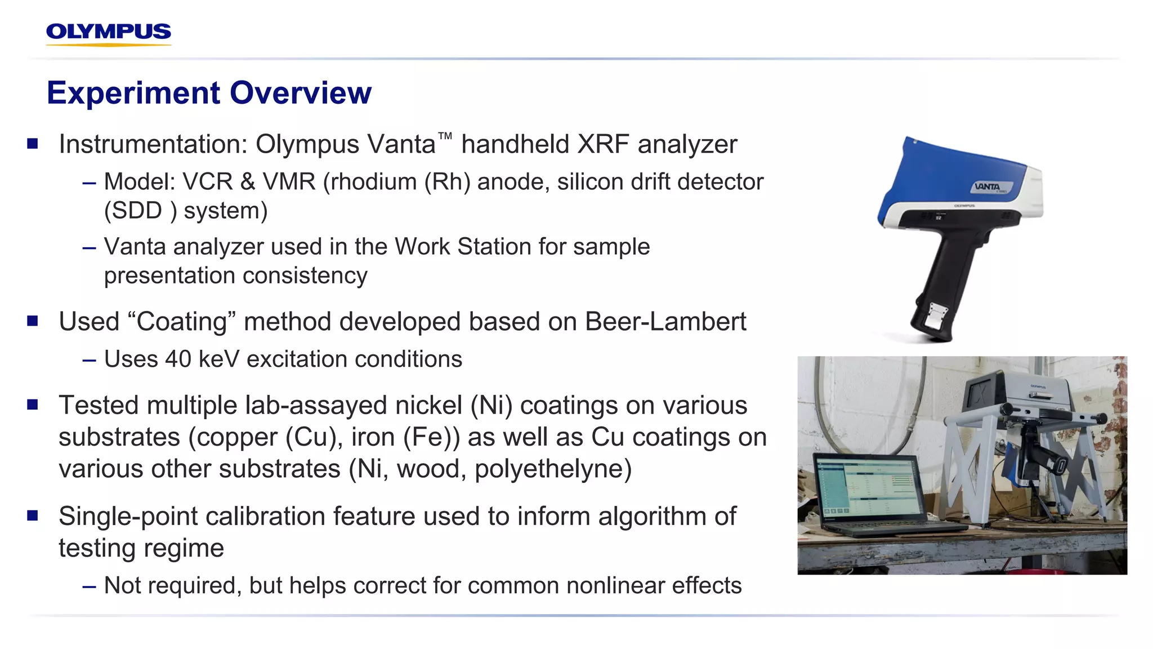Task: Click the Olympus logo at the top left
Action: (109, 33)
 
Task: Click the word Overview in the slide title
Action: (301, 93)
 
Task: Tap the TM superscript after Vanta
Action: (445, 136)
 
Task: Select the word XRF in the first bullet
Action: (603, 144)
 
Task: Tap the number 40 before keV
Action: (178, 359)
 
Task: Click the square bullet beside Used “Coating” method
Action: (33, 321)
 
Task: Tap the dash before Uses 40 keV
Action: (89, 360)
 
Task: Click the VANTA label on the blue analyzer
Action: (988, 186)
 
